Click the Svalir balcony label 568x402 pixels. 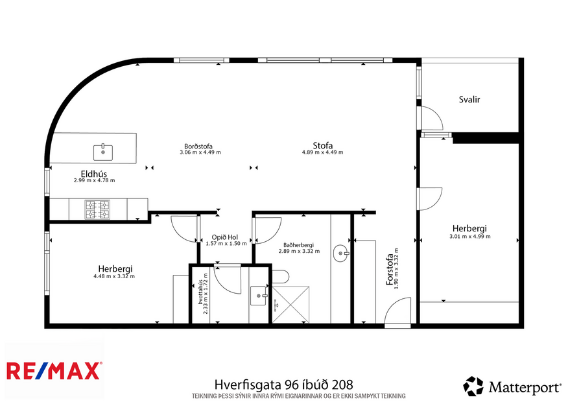click(469, 100)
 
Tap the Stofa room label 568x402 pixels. click(322, 145)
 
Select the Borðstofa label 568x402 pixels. click(199, 146)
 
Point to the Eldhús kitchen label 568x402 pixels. click(94, 173)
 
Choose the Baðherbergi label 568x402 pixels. click(299, 244)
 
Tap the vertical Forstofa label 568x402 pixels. click(389, 269)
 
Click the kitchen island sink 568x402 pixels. click(103, 152)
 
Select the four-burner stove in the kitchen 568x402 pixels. click(97, 209)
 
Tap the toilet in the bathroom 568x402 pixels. click(280, 277)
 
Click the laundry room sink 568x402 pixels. click(259, 296)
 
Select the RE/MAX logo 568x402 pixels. click(54, 371)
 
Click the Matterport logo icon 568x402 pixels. click(473, 386)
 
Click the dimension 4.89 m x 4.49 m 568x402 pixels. click(322, 152)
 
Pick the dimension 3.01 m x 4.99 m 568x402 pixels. click(470, 237)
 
